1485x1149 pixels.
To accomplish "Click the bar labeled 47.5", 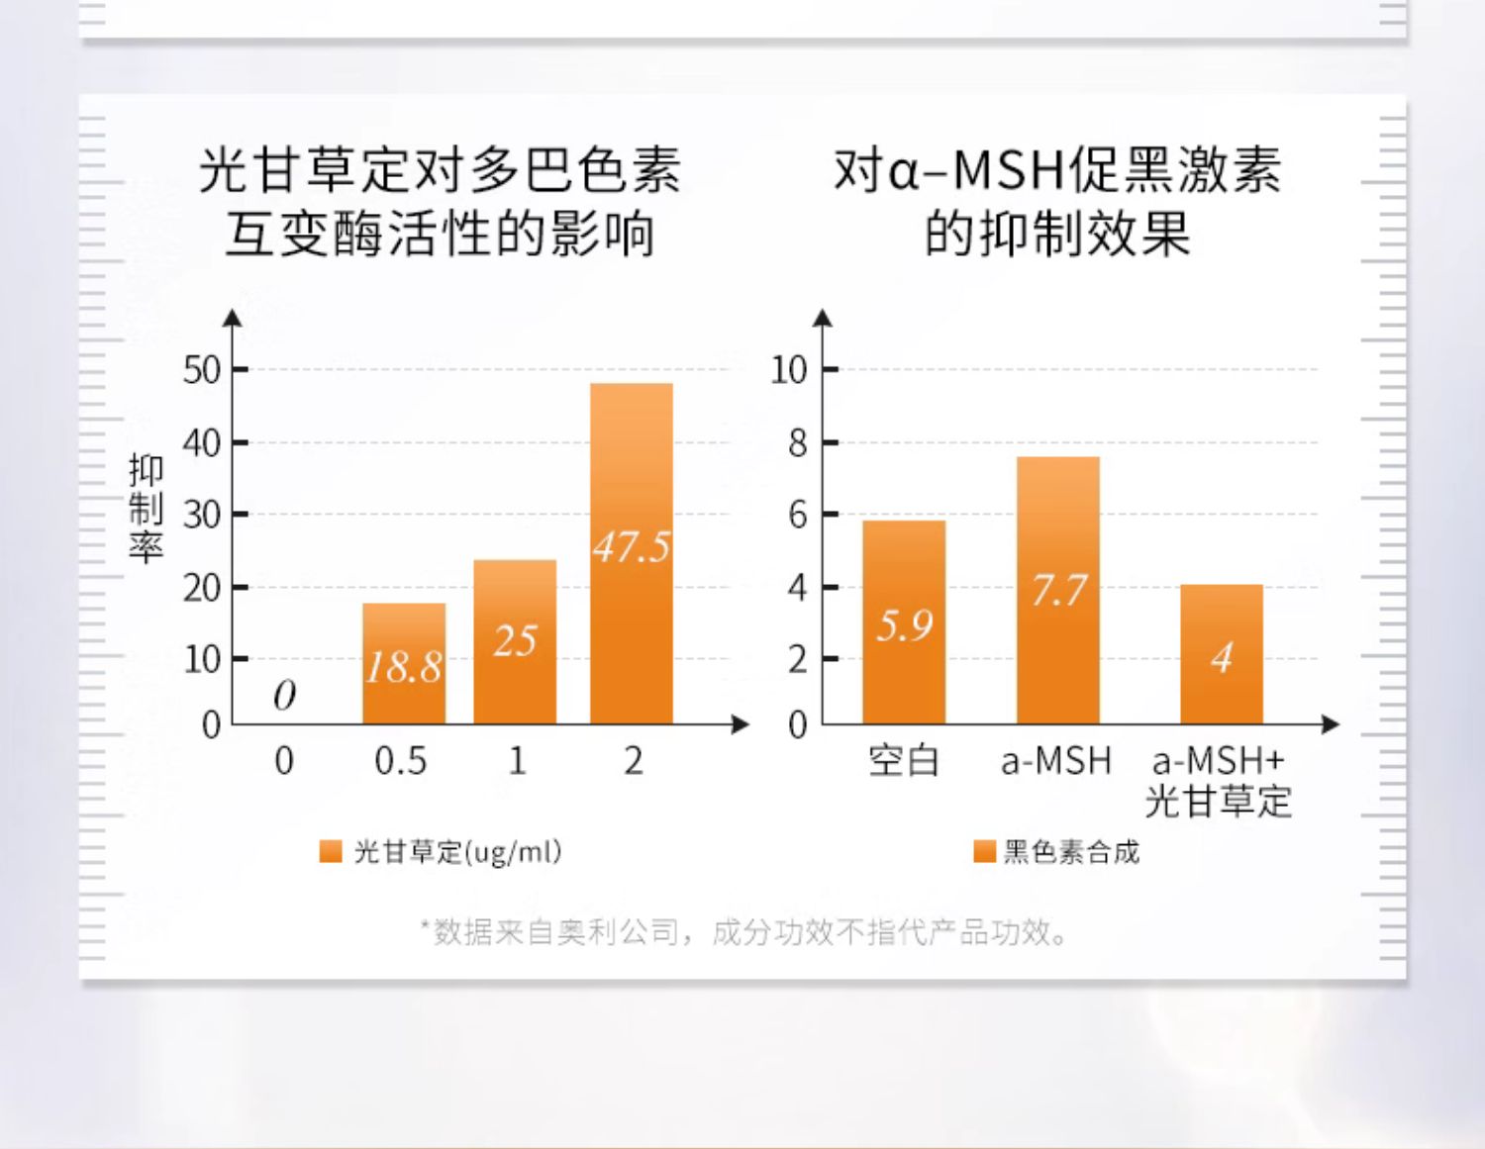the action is (x=632, y=553).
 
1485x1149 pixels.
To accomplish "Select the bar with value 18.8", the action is (x=404, y=663).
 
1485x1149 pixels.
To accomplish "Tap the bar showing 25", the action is (x=515, y=642).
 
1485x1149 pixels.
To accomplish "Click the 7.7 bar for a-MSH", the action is (x=1058, y=590).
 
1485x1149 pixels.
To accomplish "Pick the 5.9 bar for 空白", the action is (x=904, y=622).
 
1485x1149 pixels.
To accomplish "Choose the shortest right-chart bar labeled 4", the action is (x=1222, y=654).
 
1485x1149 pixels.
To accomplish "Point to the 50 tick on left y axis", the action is (x=202, y=371).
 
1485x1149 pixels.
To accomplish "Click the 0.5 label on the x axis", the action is (x=401, y=761).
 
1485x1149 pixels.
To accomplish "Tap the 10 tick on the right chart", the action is (x=789, y=371).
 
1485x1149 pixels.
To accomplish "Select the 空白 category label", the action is (x=904, y=761).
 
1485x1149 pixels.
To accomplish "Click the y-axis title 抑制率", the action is (x=146, y=510).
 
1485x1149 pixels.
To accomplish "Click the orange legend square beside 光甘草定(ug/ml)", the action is (x=331, y=852).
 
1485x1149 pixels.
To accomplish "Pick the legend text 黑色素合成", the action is (x=1071, y=852).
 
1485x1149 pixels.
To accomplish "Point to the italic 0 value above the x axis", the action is (x=284, y=696).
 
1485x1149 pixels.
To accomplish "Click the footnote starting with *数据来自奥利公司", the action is (x=743, y=932).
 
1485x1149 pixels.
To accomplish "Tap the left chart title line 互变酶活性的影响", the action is (x=441, y=235).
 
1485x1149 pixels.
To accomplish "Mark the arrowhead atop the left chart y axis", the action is (x=233, y=317).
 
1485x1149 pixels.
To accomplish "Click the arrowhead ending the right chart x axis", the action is (x=1331, y=724).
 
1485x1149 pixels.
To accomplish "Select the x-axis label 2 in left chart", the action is (x=634, y=761).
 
